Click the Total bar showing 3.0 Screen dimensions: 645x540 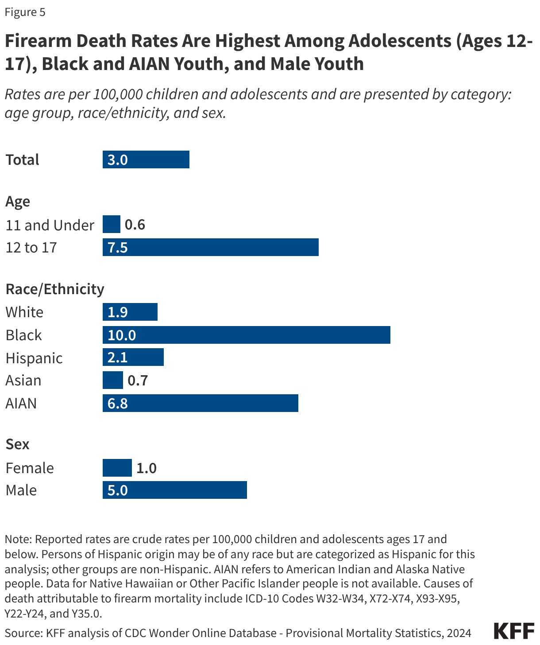tap(146, 159)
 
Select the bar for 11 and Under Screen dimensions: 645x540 tap(111, 224)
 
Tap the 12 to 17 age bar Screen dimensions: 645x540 tap(210, 247)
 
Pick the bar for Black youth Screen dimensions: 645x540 tap(246, 335)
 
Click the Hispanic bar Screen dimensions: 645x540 tap(133, 357)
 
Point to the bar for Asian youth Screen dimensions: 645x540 tap(112, 380)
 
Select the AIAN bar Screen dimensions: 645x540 tap(200, 403)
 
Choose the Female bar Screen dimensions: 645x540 tap(117, 468)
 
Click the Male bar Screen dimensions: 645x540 tap(174, 490)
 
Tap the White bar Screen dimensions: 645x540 tap(130, 312)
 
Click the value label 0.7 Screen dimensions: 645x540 tap(138, 381)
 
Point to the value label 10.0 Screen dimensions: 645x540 tap(122, 335)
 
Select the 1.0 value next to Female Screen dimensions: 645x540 tap(147, 468)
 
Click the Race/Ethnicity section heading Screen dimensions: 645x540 tap(55, 289)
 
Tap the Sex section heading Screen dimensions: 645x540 tap(17, 444)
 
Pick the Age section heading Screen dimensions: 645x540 tap(18, 202)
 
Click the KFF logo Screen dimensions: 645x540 tap(514, 631)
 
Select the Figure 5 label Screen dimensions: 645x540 tap(25, 12)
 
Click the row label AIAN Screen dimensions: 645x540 tap(21, 404)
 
